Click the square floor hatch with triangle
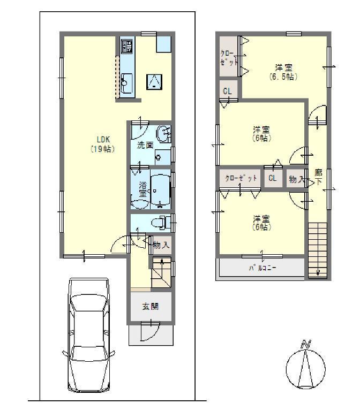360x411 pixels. click(154, 81)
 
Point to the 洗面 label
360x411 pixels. click(145, 145)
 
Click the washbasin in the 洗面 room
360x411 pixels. click(163, 133)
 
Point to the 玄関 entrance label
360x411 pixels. click(149, 307)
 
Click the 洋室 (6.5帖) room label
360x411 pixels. click(283, 72)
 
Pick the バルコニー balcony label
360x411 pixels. click(262, 268)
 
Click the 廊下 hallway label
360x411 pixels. click(319, 177)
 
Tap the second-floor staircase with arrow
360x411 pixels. click(317, 249)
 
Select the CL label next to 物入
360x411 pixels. click(273, 178)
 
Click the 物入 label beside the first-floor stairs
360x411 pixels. click(161, 246)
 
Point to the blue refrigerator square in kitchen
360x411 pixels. click(163, 44)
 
